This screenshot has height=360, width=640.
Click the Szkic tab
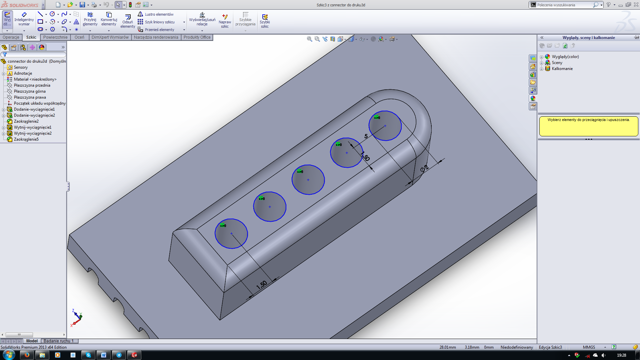click(x=31, y=37)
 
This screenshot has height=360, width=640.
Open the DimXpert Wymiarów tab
click(x=110, y=37)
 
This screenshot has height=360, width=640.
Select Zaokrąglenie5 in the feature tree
click(x=26, y=139)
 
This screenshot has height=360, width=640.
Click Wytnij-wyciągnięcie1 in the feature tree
click(x=32, y=127)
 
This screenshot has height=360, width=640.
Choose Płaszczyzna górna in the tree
click(x=30, y=91)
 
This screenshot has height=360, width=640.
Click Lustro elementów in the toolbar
click(x=159, y=14)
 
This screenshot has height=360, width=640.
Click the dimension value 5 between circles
click(x=366, y=136)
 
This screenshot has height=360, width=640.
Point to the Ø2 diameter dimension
click(x=424, y=168)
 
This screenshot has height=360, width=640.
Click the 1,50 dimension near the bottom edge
click(x=262, y=285)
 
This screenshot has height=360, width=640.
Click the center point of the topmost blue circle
click(x=385, y=126)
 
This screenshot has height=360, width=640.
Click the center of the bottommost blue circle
click(x=231, y=234)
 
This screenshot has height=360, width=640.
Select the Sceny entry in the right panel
click(x=557, y=63)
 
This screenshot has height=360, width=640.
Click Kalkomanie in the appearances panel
click(x=562, y=69)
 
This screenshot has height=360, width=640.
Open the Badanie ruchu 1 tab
click(x=58, y=341)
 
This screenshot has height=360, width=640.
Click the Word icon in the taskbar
click(x=104, y=355)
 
